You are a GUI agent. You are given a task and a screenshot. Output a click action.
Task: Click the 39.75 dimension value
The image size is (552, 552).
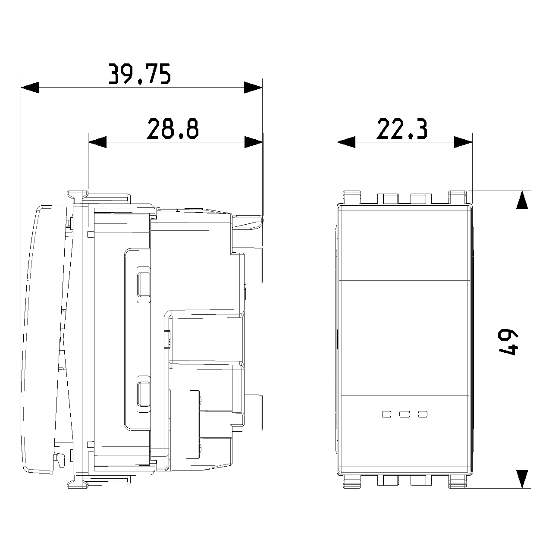click(x=140, y=74)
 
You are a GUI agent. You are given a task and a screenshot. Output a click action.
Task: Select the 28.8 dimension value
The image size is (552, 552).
click(x=173, y=129)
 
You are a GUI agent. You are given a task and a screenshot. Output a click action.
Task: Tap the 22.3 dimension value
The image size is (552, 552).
click(x=402, y=129)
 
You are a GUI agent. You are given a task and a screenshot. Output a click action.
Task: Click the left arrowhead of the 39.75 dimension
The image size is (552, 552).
click(x=30, y=88)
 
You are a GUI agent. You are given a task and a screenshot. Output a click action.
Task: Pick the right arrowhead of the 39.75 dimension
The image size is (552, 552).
click(x=253, y=88)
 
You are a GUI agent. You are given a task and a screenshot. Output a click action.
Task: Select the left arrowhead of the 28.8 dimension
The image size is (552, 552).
click(x=97, y=142)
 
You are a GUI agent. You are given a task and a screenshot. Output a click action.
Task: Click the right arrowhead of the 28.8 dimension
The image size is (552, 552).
click(x=254, y=142)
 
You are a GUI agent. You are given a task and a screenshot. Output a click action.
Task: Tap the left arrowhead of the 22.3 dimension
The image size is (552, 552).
click(x=346, y=142)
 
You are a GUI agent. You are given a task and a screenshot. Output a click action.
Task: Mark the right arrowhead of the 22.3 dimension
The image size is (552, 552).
click(x=463, y=142)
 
